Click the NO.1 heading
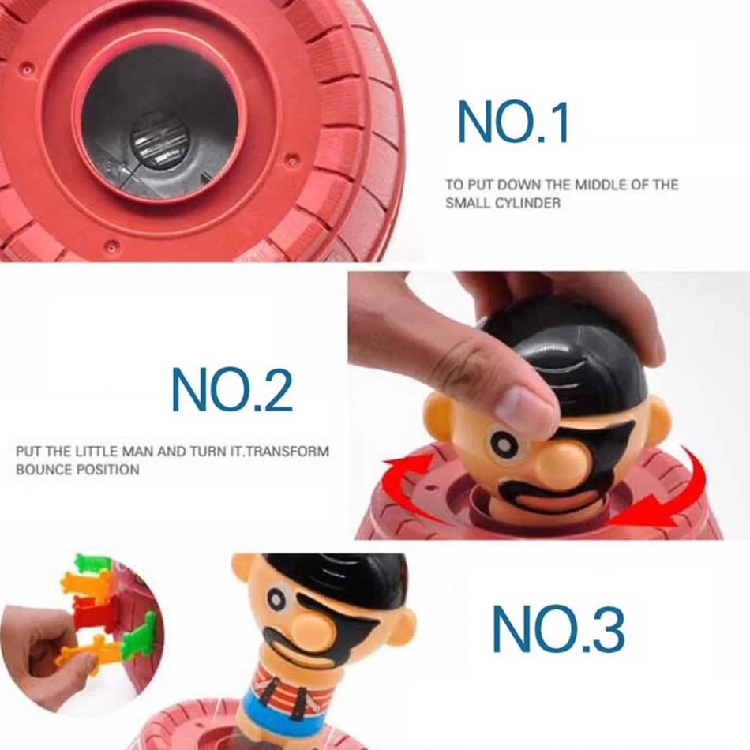(x=513, y=123)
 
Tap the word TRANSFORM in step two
(x=291, y=452)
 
